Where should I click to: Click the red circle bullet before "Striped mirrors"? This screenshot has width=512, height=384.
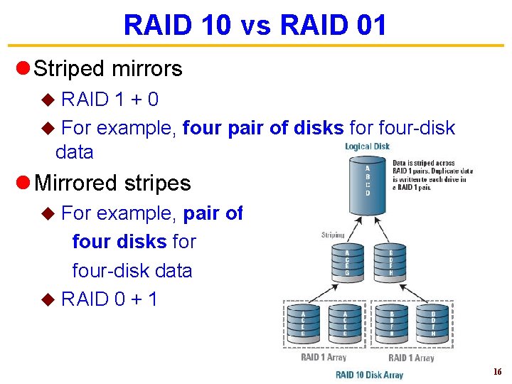22,69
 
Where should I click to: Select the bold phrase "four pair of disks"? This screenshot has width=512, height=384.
263,128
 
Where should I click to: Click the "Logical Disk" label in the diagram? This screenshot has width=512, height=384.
367,146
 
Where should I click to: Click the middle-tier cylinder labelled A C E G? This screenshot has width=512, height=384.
346,262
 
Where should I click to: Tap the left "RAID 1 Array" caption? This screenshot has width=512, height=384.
323,357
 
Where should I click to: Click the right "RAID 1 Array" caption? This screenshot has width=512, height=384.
411,357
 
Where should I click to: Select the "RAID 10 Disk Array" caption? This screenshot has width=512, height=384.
369,374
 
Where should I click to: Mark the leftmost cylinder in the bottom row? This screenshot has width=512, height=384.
304,324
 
